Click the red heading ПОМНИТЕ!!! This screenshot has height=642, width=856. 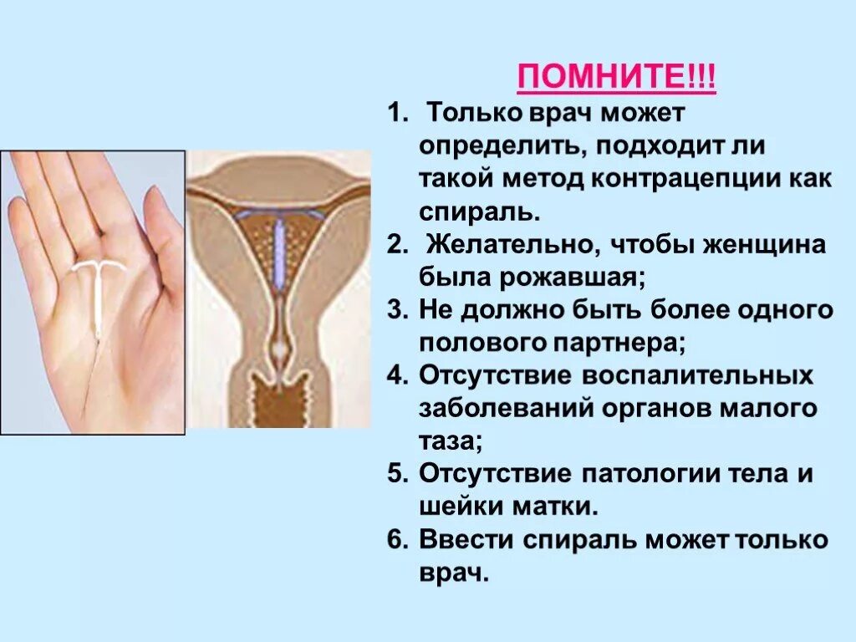click(617, 79)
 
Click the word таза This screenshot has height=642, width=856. click(448, 441)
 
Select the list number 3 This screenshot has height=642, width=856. click(395, 310)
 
